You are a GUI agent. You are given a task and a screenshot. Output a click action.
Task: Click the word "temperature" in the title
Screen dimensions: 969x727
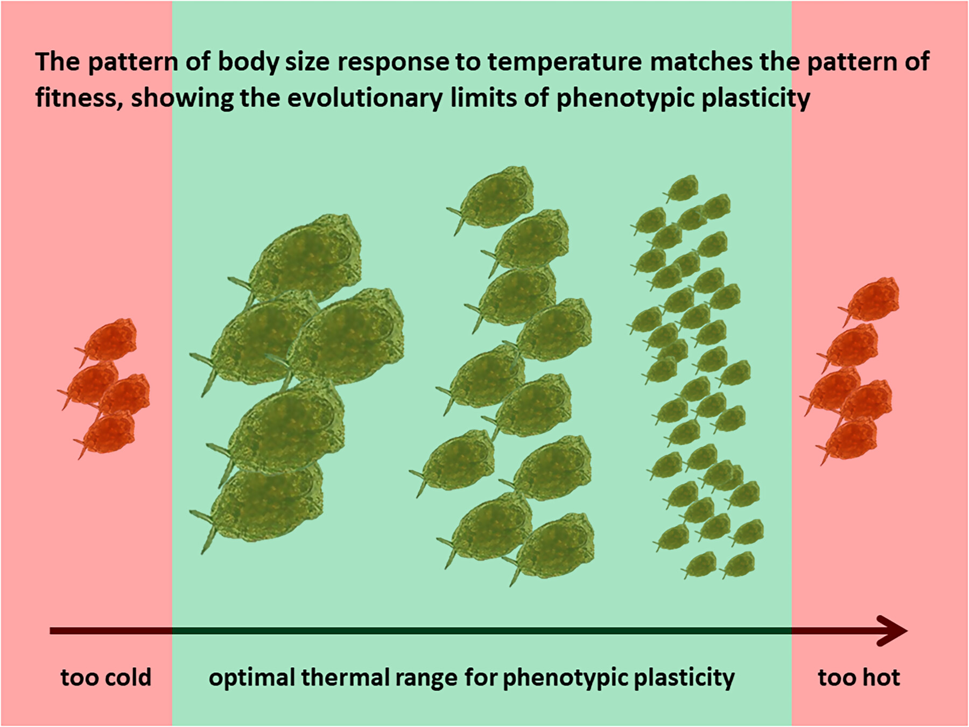(x=565, y=62)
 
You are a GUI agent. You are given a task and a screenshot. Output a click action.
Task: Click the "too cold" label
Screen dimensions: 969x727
(x=106, y=677)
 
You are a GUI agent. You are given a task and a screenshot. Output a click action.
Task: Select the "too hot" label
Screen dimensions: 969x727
(x=859, y=677)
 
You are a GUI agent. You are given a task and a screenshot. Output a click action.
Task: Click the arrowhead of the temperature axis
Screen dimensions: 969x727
(x=894, y=631)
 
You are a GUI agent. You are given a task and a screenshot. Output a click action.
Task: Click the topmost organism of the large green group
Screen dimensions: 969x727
(x=301, y=258)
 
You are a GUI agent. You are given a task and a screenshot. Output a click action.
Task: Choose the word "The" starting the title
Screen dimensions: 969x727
(x=58, y=62)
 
